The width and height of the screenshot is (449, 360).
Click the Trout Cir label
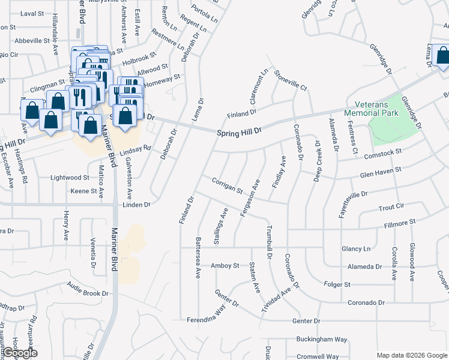[391, 207]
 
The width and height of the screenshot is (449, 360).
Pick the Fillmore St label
[400, 223]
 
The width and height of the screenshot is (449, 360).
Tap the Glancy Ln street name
[355, 249]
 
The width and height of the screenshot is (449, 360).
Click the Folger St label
[337, 284]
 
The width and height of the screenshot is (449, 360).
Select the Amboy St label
[224, 265]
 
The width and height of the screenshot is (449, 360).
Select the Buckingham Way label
[322, 340]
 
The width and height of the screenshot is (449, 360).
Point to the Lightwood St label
[70, 178]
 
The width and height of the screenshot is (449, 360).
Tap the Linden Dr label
[136, 205]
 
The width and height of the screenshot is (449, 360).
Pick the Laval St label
[32, 13]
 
